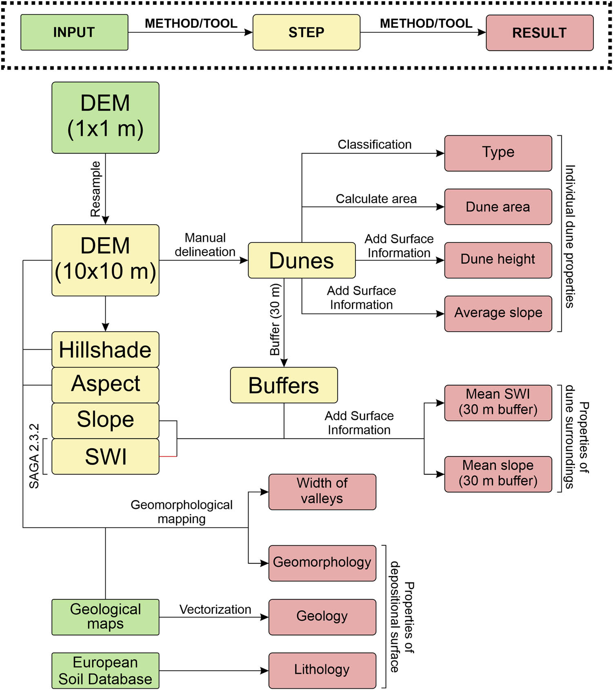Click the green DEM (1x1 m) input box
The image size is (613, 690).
(x=105, y=117)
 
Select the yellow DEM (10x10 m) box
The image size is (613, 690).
(x=105, y=260)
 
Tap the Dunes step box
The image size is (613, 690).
(x=302, y=260)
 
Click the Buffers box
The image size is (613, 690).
(x=284, y=385)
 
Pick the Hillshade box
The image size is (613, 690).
(x=105, y=349)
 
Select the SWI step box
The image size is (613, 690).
(x=105, y=456)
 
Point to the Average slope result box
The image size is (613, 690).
(x=498, y=313)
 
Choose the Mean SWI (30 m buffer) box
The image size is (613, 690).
(x=498, y=402)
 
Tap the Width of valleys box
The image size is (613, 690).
(x=322, y=492)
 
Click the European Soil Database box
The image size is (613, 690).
(x=105, y=670)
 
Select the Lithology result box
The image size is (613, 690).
(x=322, y=670)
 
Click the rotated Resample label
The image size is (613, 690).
(x=96, y=189)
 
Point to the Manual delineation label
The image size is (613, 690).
(x=205, y=245)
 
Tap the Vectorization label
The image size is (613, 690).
(x=215, y=609)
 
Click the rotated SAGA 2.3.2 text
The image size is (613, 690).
(x=34, y=456)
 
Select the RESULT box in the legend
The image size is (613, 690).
(x=539, y=33)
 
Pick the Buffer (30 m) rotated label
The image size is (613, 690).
(x=275, y=320)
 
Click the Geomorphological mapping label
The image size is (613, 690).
(x=182, y=511)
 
